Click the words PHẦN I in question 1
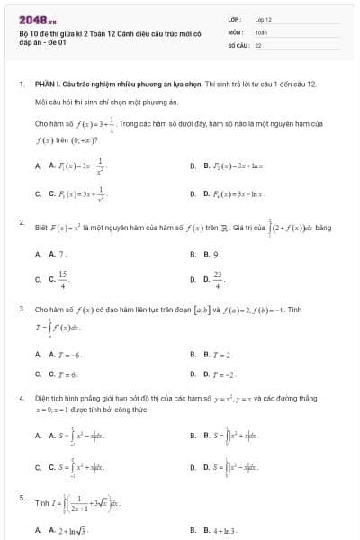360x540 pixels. [48, 83]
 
